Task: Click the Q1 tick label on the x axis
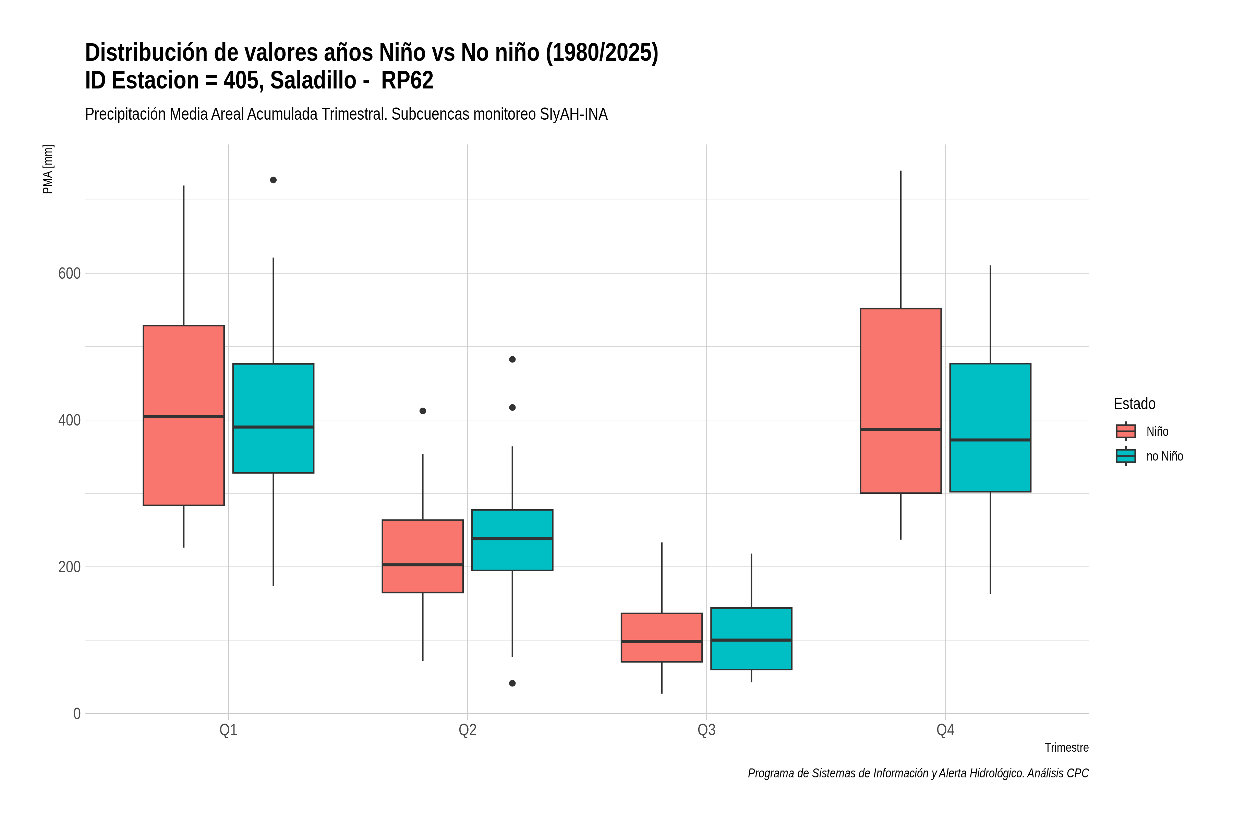pos(228,730)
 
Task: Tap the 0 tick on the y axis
pos(77,714)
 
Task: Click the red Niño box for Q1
pos(184,415)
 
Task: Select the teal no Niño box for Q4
pos(990,427)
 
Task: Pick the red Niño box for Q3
pos(662,637)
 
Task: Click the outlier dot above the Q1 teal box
pos(273,180)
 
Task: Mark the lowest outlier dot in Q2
pos(512,683)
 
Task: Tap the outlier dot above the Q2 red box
pos(423,411)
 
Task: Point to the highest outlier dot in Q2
pos(512,359)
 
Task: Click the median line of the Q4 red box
pos(901,429)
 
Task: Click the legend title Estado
pos(1134,404)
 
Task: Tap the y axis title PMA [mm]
pos(48,169)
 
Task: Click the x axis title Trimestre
pos(1067,748)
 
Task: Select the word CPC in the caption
pos(1078,773)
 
